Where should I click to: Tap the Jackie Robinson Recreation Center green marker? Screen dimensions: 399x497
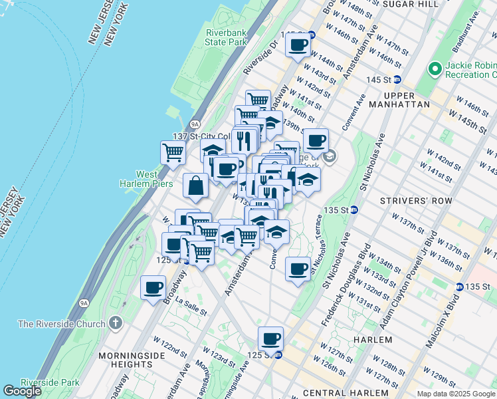click(435, 68)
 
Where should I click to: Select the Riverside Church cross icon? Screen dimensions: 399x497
click(116, 324)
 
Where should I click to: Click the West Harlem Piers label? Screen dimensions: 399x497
click(146, 179)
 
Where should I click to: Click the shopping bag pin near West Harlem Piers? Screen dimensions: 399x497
click(197, 186)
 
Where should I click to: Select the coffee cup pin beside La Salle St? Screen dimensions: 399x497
click(153, 288)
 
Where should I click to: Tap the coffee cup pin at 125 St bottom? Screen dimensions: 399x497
click(270, 338)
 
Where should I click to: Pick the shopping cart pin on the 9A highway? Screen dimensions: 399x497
click(173, 152)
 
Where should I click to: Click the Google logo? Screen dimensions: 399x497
click(22, 391)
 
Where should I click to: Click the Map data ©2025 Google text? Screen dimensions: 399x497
click(455, 394)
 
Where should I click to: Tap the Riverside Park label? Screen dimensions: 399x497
click(50, 382)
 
